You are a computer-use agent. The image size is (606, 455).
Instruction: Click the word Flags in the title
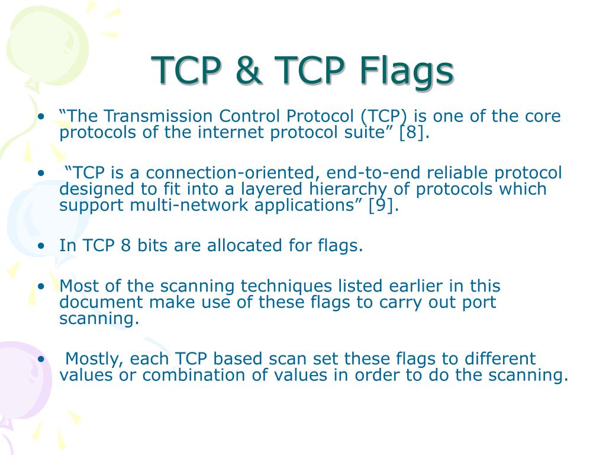[404, 71]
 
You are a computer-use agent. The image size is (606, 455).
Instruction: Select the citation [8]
[412, 132]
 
